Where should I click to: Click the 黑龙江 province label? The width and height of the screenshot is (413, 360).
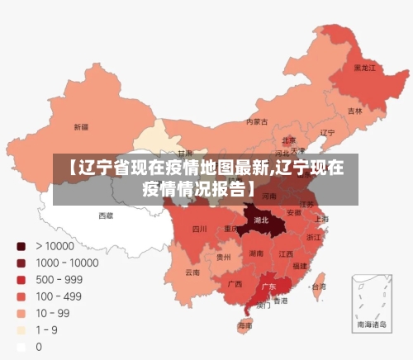[x=365, y=68]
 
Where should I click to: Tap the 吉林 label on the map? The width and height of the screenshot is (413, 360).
[x=354, y=111]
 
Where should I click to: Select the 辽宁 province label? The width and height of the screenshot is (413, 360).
[x=327, y=132]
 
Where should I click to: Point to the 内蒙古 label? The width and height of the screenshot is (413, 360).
[x=257, y=121]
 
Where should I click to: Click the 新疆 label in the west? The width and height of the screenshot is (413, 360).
[x=81, y=127]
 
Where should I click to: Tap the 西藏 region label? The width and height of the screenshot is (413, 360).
[x=107, y=215]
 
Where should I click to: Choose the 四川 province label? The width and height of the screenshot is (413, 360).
[x=199, y=229]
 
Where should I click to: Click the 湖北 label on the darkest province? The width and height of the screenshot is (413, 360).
[x=262, y=221]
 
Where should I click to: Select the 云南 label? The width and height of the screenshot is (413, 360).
[x=192, y=272]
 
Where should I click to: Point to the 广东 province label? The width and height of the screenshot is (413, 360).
[x=268, y=287]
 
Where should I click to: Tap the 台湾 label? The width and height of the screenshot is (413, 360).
[x=317, y=287]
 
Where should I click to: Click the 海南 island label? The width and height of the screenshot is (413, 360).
[x=245, y=325]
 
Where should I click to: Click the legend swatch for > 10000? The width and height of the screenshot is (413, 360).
[x=21, y=246]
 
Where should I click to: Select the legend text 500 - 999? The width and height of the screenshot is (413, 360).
[x=59, y=280]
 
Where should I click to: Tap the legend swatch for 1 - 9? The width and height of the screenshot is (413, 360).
[x=21, y=330]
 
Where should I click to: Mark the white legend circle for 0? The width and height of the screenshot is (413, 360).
[x=21, y=347]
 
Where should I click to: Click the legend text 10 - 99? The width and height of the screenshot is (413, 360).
[x=52, y=314]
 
